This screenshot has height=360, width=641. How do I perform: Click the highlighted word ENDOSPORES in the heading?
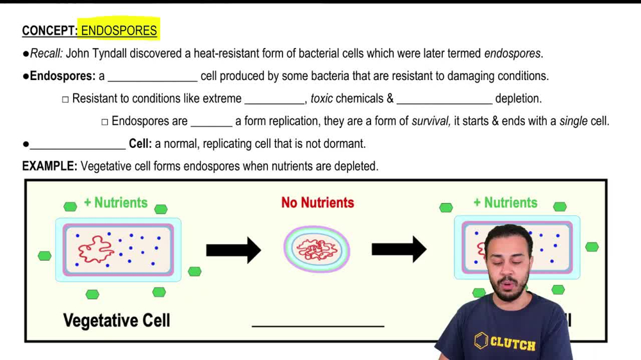pyautogui.click(x=119, y=31)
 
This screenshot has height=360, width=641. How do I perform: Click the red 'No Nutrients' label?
pyautogui.click(x=317, y=202)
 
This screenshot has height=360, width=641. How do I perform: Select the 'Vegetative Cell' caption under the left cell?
pyautogui.click(x=117, y=320)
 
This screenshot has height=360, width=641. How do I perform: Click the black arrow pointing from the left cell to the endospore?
pyautogui.click(x=233, y=250)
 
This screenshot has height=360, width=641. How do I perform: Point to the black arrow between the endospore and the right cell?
pyautogui.click(x=399, y=250)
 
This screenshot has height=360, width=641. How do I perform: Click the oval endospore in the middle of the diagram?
pyautogui.click(x=317, y=250)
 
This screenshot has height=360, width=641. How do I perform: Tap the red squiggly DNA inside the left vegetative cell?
pyautogui.click(x=96, y=249)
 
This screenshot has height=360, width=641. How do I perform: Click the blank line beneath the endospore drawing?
pyautogui.click(x=318, y=325)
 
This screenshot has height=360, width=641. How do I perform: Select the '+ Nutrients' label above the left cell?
pyautogui.click(x=115, y=202)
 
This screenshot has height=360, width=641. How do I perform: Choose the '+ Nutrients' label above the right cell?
pyautogui.click(x=505, y=202)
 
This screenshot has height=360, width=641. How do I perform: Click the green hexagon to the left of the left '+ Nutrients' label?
pyautogui.click(x=70, y=206)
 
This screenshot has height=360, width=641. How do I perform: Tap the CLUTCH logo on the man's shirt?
pyautogui.click(x=505, y=342)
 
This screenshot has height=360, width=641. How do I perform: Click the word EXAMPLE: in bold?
pyautogui.click(x=49, y=166)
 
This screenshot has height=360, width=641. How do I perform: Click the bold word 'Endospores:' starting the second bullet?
pyautogui.click(x=63, y=76)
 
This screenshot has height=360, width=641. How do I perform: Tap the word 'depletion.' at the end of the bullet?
pyautogui.click(x=518, y=99)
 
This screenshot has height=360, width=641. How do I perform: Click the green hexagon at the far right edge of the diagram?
pyautogui.click(x=592, y=247)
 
